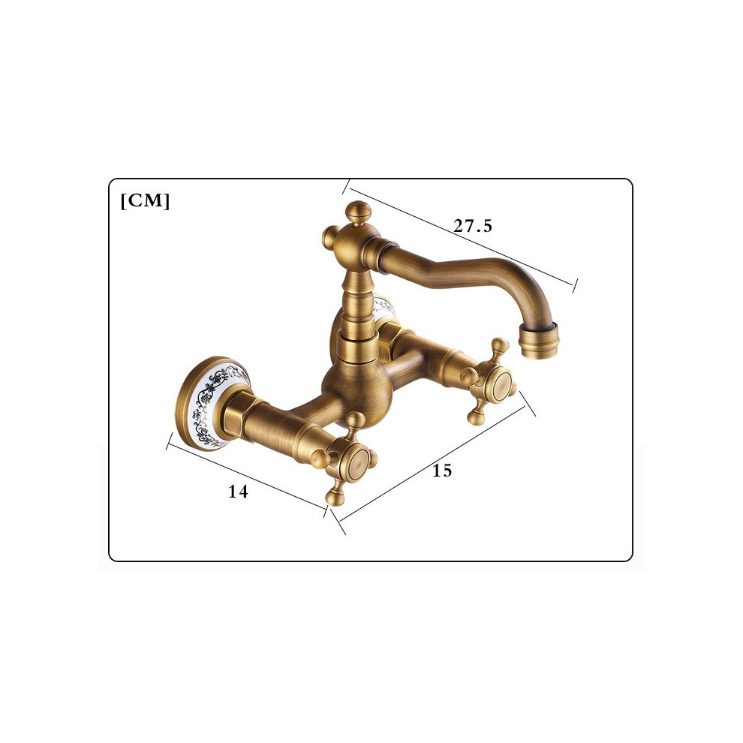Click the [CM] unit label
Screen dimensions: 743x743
tap(145, 201)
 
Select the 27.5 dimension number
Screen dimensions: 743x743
tap(473, 226)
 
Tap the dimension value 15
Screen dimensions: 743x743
tap(442, 471)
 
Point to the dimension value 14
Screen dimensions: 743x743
tap(238, 492)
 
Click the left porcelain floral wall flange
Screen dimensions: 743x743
tap(212, 403)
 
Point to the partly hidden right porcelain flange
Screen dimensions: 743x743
tap(384, 311)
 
